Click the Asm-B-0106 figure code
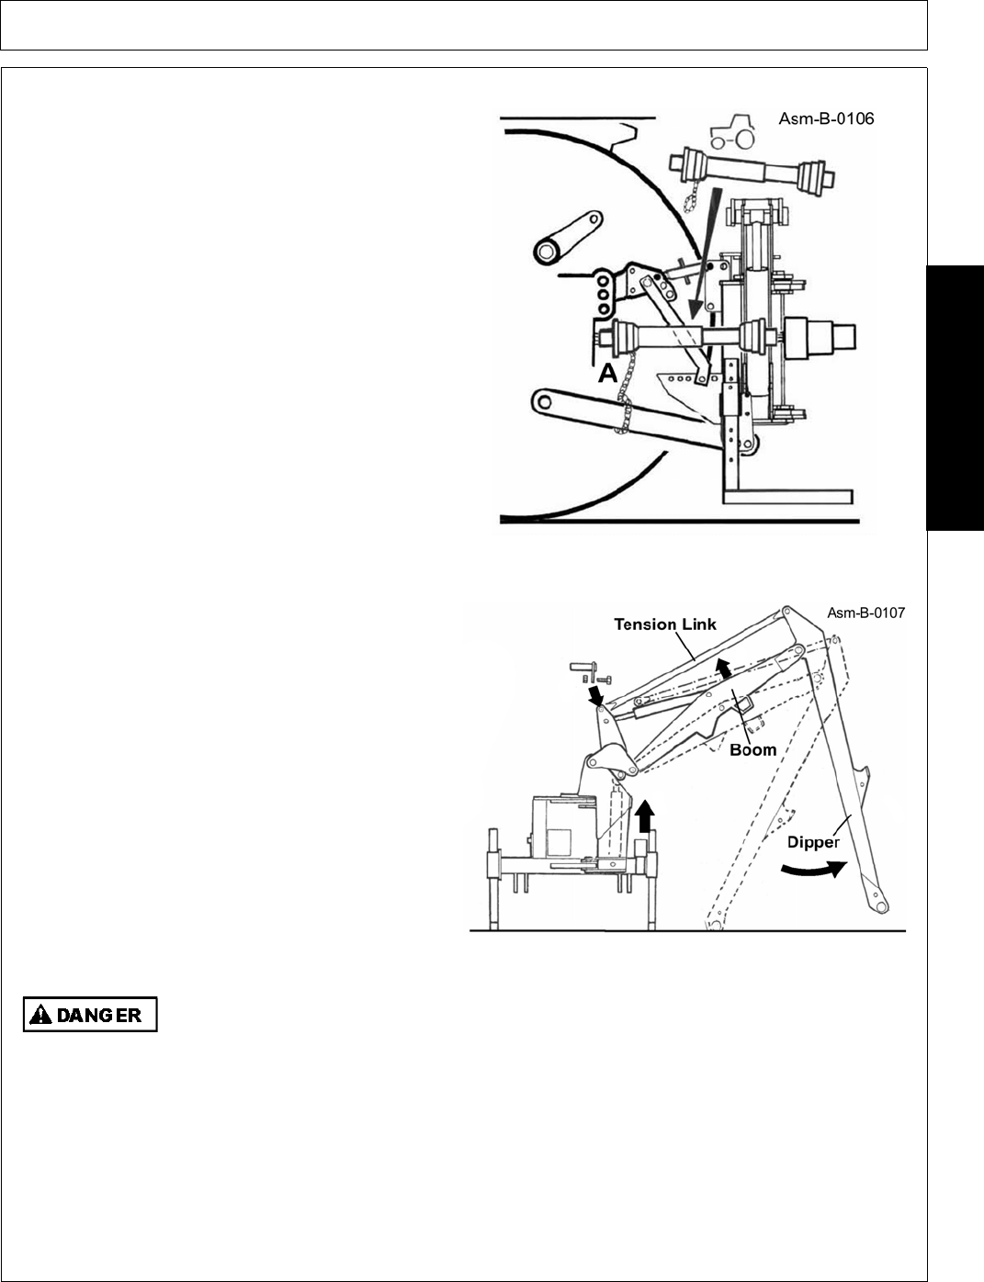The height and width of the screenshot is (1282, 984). [826, 118]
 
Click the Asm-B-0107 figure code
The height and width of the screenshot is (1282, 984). [865, 613]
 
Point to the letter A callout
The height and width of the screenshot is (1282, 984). [606, 374]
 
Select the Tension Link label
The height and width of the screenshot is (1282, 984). [665, 624]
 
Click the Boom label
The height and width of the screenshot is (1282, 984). [753, 749]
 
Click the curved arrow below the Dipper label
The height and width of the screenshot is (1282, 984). [811, 869]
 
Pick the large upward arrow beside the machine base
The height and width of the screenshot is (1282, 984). [646, 815]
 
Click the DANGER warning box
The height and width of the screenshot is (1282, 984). [90, 1015]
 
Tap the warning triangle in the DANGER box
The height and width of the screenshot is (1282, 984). [40, 1015]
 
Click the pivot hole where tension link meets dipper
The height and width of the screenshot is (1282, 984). [786, 612]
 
